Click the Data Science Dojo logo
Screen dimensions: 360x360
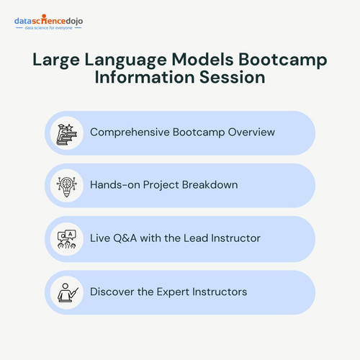point(49,22)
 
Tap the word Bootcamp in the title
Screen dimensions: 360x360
point(282,60)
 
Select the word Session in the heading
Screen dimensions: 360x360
point(233,77)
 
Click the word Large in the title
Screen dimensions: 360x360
point(56,60)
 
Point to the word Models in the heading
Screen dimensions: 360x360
point(202,59)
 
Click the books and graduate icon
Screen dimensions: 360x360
point(67,135)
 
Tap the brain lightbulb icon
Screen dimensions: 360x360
point(67,186)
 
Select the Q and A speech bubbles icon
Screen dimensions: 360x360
point(67,239)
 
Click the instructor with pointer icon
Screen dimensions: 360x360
point(68,292)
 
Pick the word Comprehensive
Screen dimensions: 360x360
point(130,132)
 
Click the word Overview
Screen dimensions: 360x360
point(251,132)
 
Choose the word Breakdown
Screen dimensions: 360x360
point(210,185)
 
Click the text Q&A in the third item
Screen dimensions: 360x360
point(125,238)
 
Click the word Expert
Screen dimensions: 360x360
point(173,292)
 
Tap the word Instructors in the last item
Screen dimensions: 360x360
point(220,292)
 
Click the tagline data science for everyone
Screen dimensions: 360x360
point(48,28)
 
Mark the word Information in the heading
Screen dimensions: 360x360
point(145,77)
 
